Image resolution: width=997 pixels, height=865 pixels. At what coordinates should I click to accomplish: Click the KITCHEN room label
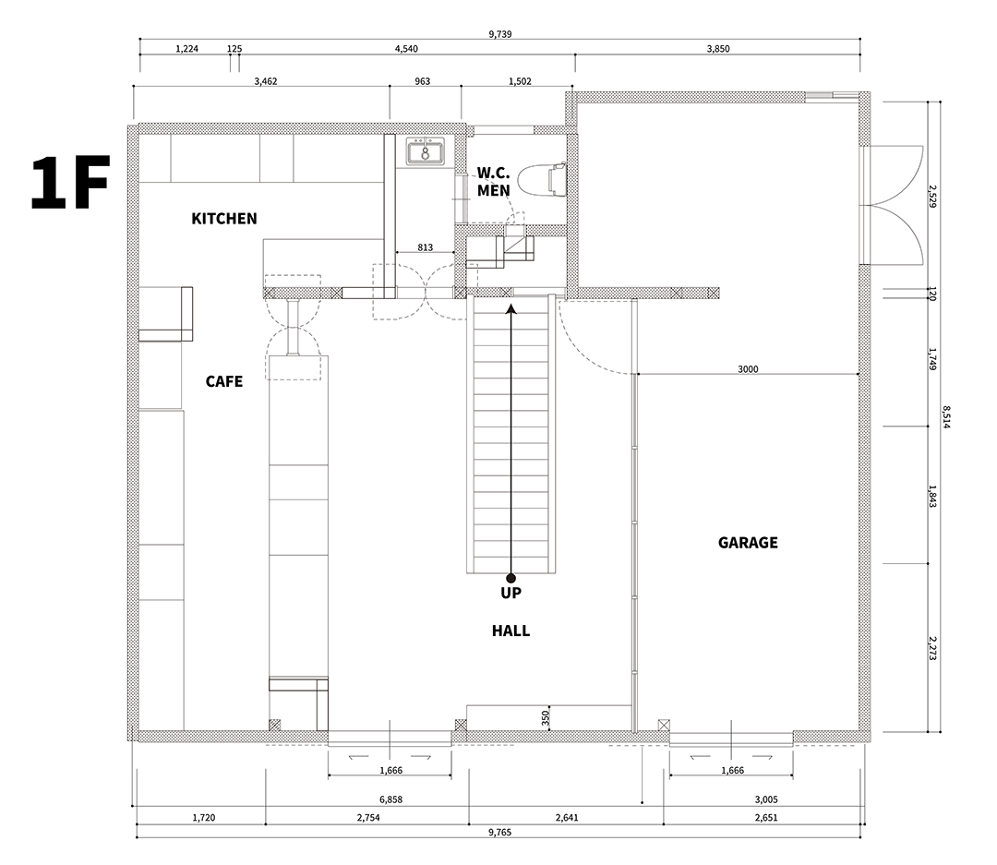coord(223,219)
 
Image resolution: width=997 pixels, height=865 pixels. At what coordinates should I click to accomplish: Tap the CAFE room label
coord(223,381)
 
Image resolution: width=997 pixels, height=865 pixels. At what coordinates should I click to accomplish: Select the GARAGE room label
coord(748,543)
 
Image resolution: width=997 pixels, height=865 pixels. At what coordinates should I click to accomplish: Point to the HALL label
coord(511,631)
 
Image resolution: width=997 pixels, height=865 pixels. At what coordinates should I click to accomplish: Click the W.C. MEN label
coord(493,182)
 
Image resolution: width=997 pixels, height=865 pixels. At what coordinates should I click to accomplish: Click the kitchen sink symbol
coord(426,152)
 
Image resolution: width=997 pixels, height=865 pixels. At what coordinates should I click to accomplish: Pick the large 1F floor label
coord(70,182)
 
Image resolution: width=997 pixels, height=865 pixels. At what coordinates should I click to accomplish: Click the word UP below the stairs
coord(511,593)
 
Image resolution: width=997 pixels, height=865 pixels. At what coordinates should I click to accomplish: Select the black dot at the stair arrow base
coord(511,578)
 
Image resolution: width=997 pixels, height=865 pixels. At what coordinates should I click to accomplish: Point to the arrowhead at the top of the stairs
coord(511,309)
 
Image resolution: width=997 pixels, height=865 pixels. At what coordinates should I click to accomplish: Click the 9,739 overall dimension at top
coord(500,34)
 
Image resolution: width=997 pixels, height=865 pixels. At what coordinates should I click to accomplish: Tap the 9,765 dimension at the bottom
coord(499,832)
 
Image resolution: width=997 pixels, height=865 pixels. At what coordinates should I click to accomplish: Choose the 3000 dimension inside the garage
coord(748,369)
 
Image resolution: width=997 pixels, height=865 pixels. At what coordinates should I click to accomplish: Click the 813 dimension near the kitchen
coord(426,247)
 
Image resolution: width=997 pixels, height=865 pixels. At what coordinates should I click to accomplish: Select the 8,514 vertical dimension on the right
coord(946,417)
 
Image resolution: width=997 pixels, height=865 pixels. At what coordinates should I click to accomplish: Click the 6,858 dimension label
coord(391,799)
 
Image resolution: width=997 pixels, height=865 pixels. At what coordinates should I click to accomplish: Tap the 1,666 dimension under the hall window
coord(391,770)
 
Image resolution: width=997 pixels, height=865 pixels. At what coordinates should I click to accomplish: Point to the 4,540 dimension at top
coord(406,49)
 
